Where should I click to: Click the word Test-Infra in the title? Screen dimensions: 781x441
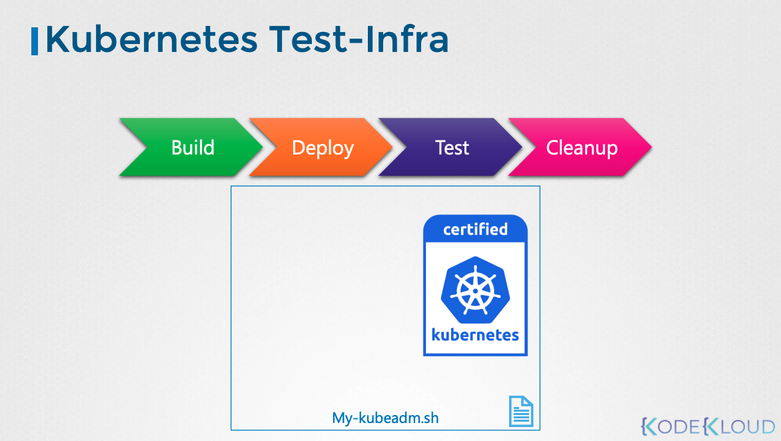coord(359,39)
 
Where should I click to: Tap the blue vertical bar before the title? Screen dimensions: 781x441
coord(35,41)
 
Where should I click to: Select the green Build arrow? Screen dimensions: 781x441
coord(191,147)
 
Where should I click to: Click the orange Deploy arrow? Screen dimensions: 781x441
coord(321,147)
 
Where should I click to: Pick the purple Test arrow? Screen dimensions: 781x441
coord(450,147)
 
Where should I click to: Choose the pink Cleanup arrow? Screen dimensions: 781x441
coord(580,147)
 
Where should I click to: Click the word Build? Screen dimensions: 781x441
coord(193,147)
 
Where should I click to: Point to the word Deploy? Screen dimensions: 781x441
coord(323,149)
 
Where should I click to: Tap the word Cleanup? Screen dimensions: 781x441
coord(582,149)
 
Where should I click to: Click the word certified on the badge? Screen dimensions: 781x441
coord(475,229)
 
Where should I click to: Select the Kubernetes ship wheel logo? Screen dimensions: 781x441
coord(475,290)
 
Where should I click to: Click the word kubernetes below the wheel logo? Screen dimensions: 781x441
coord(475,334)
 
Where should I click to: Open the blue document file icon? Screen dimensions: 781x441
coord(521,411)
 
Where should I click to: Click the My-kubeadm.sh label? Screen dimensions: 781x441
coord(386,418)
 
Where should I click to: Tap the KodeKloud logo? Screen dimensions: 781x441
coord(708,426)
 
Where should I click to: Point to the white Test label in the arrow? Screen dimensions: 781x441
coord(452,147)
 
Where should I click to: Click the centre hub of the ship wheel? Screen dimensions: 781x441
coord(475,290)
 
